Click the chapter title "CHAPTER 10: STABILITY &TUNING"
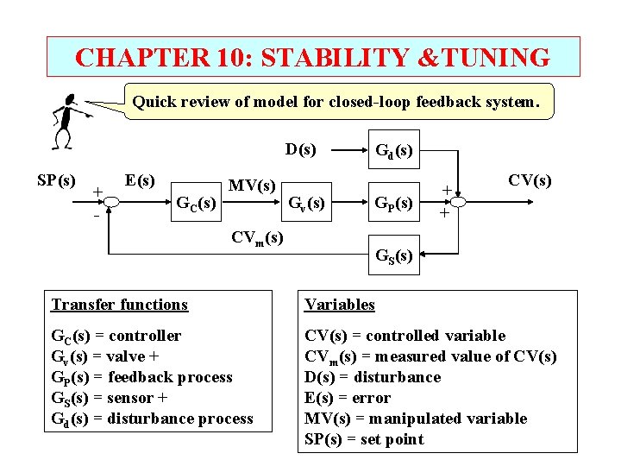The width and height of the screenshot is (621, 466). tap(312, 57)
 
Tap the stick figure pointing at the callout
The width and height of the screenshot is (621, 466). tap(65, 121)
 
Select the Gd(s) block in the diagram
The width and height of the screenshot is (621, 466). tap(393, 153)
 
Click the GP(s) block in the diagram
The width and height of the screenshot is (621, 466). tap(393, 204)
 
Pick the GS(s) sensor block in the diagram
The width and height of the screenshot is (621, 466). tap(393, 255)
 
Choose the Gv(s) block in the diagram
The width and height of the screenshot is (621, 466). tap(306, 204)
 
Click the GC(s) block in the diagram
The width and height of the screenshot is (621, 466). tap(195, 205)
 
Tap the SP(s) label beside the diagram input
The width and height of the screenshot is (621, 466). tap(57, 181)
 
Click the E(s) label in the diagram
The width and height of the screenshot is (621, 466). tap(140, 181)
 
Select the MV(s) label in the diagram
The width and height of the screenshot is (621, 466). tap(252, 186)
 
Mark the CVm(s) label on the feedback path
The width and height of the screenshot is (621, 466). tap(257, 237)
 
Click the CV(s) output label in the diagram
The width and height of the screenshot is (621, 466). tap(530, 180)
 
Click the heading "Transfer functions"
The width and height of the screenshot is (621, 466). tap(119, 305)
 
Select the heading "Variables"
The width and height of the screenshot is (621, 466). tap(340, 305)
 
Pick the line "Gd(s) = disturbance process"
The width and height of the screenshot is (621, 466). tap(153, 419)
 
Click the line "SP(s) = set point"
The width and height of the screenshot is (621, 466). tap(364, 439)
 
